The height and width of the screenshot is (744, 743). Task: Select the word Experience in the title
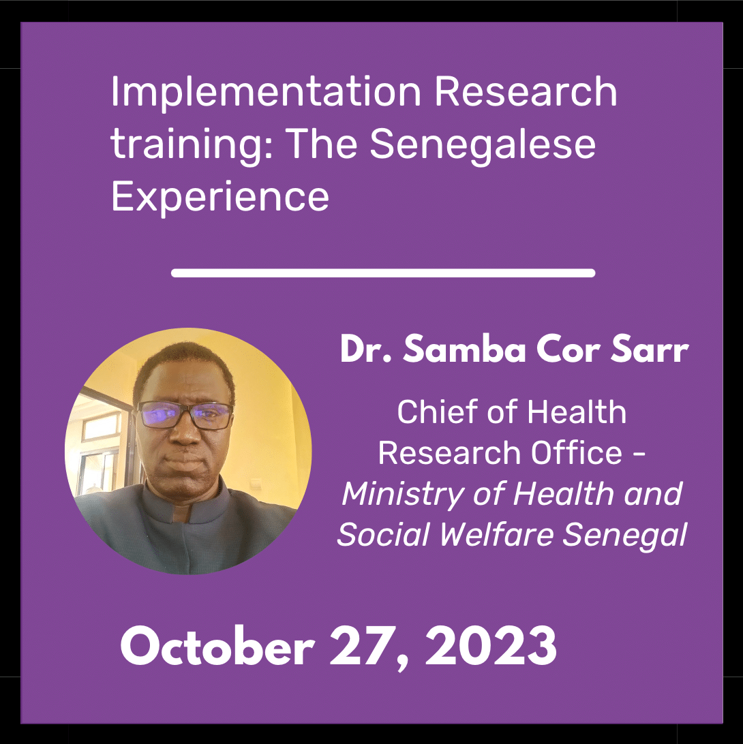pyautogui.click(x=219, y=198)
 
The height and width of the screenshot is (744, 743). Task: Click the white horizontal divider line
pyautogui.click(x=383, y=273)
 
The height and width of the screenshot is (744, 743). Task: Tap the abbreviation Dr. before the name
pyautogui.click(x=366, y=350)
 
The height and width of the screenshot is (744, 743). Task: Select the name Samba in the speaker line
pyautogui.click(x=465, y=350)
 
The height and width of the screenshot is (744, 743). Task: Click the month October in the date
pyautogui.click(x=217, y=647)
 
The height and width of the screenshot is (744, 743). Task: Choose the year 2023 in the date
pyautogui.click(x=490, y=646)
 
